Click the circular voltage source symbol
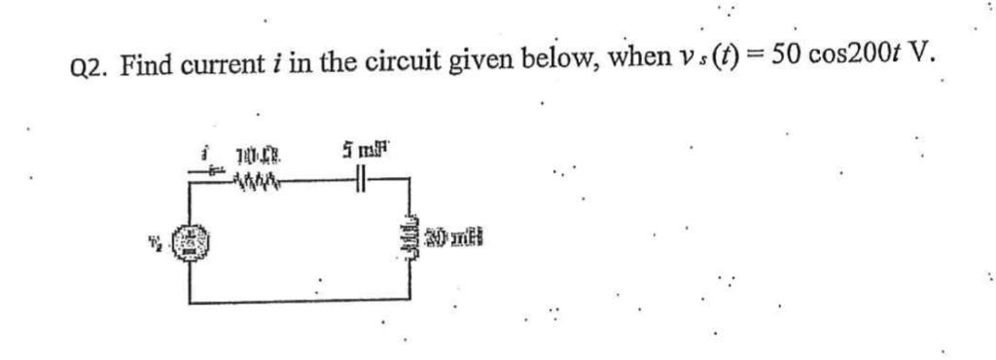[x=191, y=237]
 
